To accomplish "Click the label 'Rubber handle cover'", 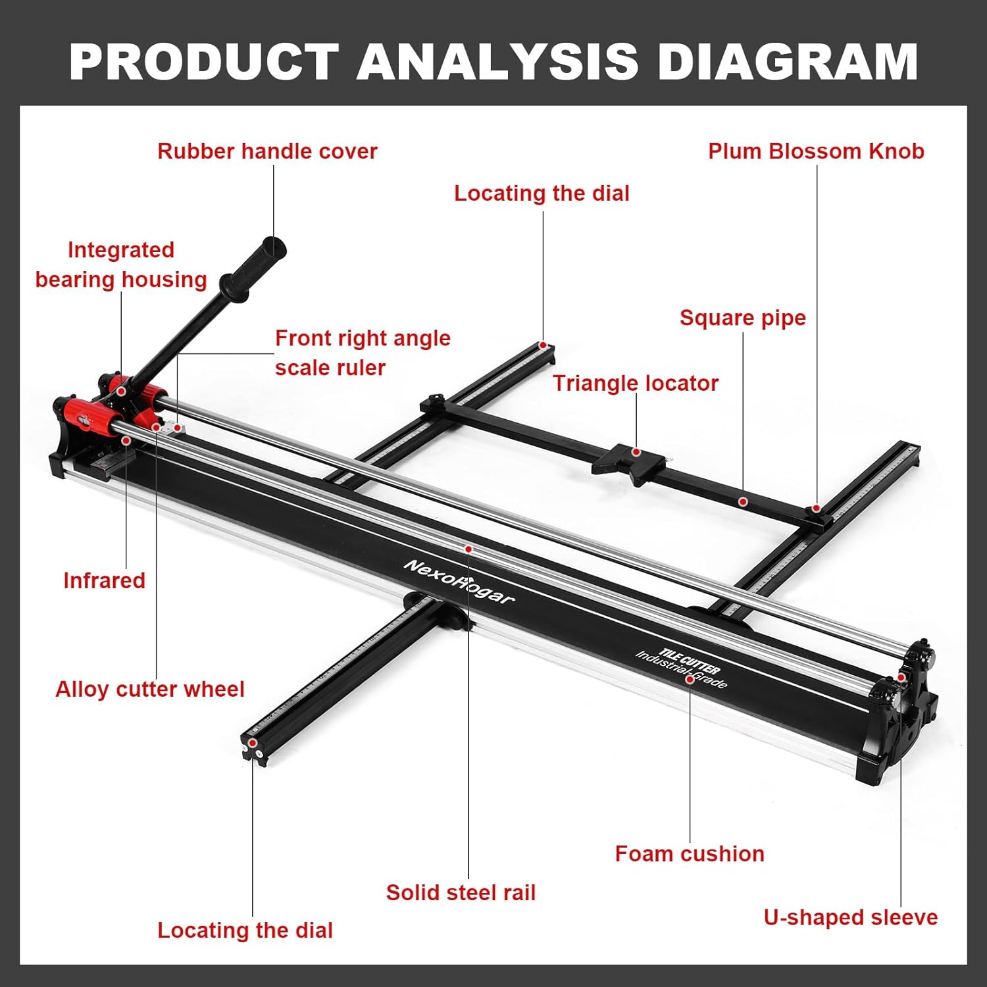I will pos(267,151).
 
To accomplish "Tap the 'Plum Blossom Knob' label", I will pos(816,151).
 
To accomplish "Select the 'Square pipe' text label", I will pos(742,318).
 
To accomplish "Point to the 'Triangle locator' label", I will pos(635,383).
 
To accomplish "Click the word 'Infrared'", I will pos(104,580).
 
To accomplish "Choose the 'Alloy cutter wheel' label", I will pos(150,689).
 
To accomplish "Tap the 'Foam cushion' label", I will pos(690,853).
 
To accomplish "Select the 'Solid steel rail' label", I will pos(461,892).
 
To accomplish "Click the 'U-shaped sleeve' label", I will pos(850,917).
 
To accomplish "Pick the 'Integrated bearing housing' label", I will pos(121,265).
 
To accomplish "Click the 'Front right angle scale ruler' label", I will pos(363,353).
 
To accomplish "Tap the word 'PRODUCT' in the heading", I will pos(204,61).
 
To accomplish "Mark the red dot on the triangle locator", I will pos(636,452).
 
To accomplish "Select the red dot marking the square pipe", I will pos(742,501).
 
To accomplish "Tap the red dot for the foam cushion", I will pos(690,678).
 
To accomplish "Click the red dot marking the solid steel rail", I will pos(468,549).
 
